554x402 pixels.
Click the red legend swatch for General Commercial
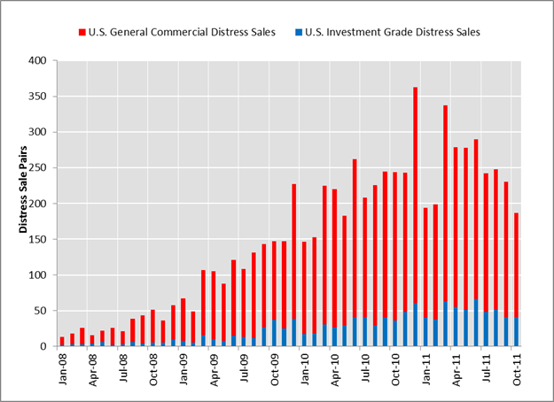(82, 33)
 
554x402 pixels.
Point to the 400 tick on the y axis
(39, 61)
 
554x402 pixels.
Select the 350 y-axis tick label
(39, 97)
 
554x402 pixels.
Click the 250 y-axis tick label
(39, 168)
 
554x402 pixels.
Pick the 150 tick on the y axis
(39, 239)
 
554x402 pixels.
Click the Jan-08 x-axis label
(62, 367)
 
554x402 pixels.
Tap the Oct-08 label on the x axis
(152, 367)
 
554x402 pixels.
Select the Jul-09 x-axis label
(243, 367)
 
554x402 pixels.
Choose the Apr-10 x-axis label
(333, 367)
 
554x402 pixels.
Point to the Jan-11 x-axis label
(425, 367)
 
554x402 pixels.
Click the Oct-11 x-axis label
(515, 367)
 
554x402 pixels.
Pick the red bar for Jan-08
(62, 342)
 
